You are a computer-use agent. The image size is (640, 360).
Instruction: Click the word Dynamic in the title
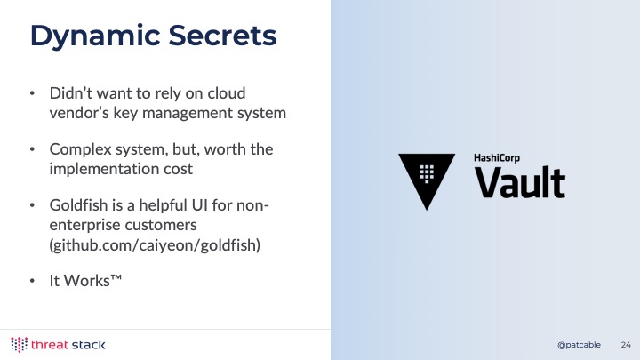[x=95, y=36]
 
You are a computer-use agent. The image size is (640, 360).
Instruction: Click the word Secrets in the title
[x=222, y=35]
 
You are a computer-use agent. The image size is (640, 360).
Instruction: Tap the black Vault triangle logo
[x=427, y=180]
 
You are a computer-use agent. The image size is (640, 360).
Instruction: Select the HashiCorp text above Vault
[x=497, y=158]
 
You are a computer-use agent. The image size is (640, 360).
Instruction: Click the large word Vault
[x=520, y=182]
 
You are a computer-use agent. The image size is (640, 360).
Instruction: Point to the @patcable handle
[x=579, y=345]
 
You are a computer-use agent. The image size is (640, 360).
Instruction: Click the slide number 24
[x=626, y=345]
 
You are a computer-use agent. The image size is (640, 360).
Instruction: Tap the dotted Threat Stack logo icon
[x=20, y=345]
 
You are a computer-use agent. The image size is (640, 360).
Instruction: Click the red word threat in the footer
[x=50, y=345]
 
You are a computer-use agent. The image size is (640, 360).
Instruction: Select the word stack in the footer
[x=88, y=345]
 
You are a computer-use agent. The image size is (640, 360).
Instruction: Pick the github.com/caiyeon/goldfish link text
[x=155, y=245]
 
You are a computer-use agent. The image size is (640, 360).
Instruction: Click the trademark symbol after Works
[x=116, y=277]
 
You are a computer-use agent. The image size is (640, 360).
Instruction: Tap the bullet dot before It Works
[x=32, y=281]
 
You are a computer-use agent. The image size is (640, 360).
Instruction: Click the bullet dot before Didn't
[x=32, y=93]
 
